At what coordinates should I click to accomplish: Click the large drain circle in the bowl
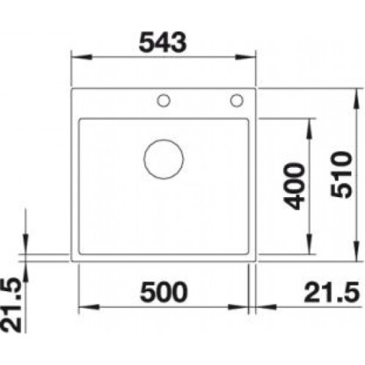pyautogui.click(x=162, y=157)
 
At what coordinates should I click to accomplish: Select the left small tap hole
pyautogui.click(x=163, y=101)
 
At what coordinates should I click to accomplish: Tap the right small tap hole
pyautogui.click(x=237, y=101)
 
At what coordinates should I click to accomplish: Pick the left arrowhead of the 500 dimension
pyautogui.click(x=84, y=309)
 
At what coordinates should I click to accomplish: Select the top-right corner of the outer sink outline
pyautogui.click(x=255, y=87)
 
